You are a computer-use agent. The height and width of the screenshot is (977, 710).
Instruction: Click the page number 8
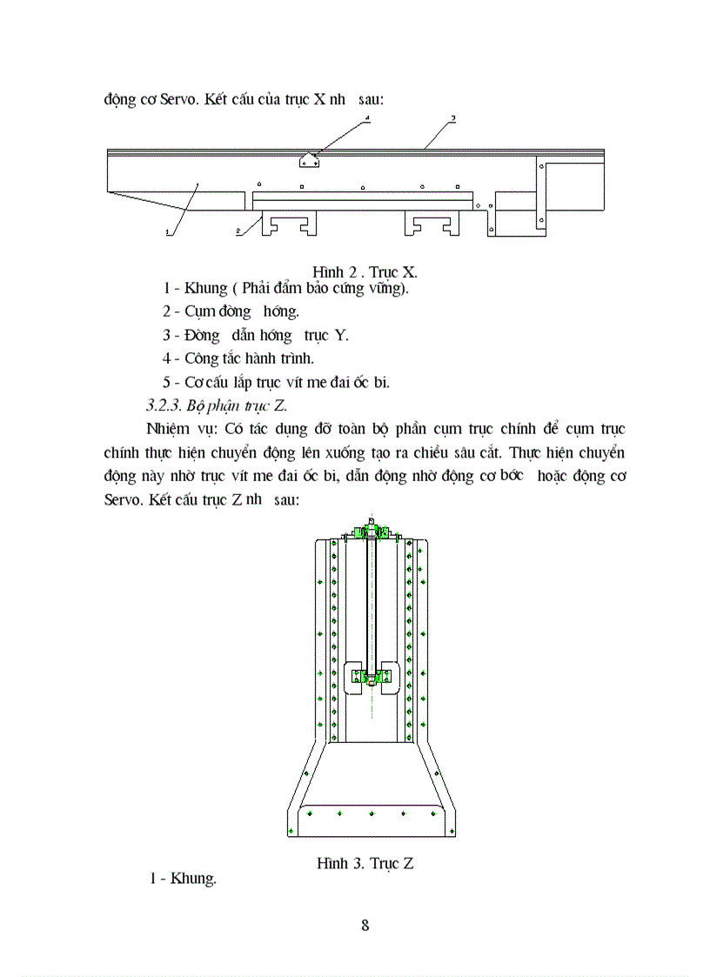[365, 925]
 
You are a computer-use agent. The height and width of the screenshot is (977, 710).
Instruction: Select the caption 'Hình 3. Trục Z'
[365, 863]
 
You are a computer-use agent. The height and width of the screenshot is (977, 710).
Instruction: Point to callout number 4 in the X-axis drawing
[367, 117]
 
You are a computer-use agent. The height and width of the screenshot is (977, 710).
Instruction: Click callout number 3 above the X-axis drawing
[453, 117]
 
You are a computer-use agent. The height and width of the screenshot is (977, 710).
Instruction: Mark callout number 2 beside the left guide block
[238, 231]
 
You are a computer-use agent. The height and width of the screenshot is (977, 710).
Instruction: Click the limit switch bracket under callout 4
[309, 160]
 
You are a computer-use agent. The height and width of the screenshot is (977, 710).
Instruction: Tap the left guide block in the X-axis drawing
[289, 224]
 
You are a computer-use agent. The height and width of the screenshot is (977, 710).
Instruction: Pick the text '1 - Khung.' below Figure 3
[183, 879]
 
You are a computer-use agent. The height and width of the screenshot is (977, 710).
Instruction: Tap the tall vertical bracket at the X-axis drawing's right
[541, 196]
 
